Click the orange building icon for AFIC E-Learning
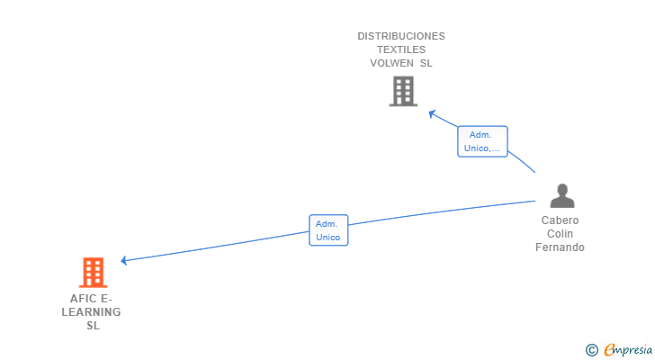(93, 272)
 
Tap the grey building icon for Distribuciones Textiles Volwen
(403, 91)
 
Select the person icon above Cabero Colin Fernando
(562, 195)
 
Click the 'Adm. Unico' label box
(328, 230)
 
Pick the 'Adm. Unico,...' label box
(482, 141)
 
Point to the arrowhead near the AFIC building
(125, 261)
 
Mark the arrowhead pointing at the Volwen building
(432, 113)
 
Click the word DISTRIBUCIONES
(401, 36)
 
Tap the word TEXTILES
(401, 49)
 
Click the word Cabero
(560, 220)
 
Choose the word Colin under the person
(560, 234)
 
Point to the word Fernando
(560, 247)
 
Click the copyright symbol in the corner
(591, 349)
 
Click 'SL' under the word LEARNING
(93, 326)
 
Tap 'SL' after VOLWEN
(426, 63)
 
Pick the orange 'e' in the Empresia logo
(609, 349)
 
